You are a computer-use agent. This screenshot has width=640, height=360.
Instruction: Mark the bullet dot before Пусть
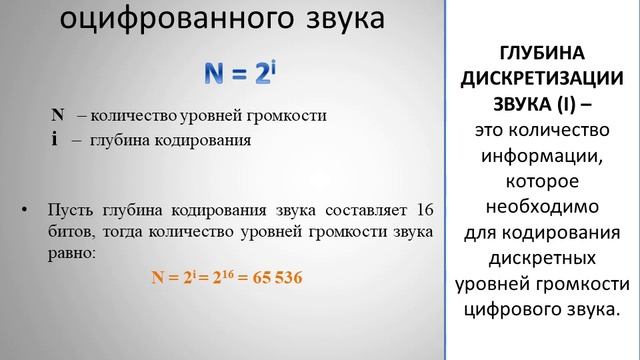24,211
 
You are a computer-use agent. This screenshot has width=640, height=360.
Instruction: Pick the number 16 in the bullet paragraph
423,210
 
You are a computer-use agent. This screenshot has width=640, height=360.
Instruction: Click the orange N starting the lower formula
157,276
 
